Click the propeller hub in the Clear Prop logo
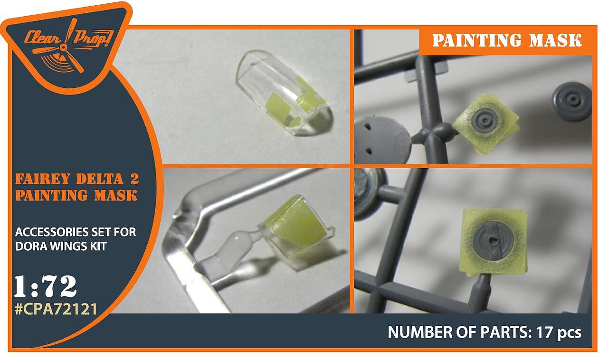64,48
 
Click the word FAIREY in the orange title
42,179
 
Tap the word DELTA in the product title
100,179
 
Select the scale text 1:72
45,286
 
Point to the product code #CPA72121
56,309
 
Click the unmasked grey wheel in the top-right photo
571,101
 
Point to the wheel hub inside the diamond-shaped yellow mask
485,120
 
